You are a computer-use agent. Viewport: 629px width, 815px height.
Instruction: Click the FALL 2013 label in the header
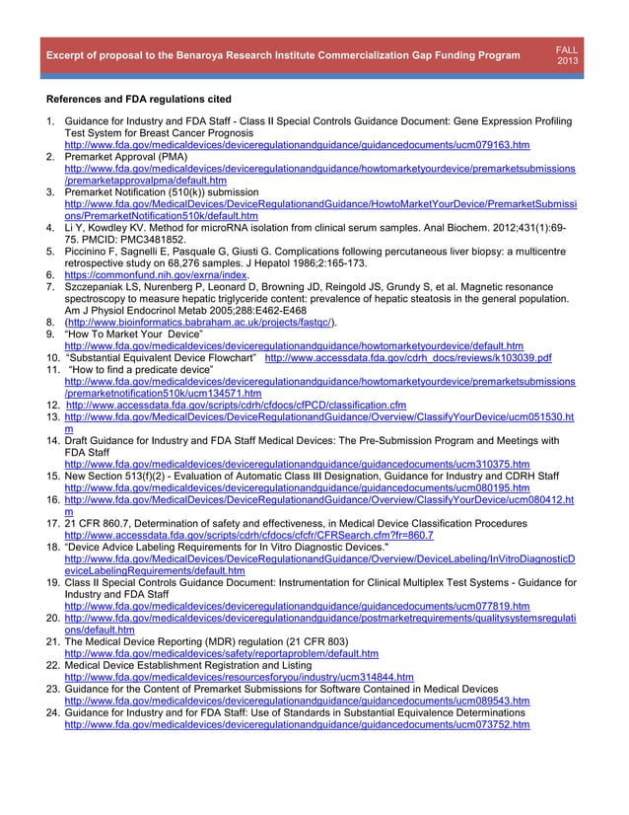coord(568,55)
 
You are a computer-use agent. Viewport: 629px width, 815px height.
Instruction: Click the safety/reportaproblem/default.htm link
coord(221,653)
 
